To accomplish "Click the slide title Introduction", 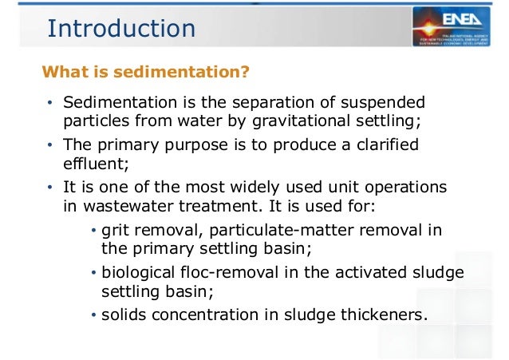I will [121, 29].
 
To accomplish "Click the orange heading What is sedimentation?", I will [146, 73].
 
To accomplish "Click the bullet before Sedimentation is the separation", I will [49, 104].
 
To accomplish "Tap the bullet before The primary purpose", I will [49, 147].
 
